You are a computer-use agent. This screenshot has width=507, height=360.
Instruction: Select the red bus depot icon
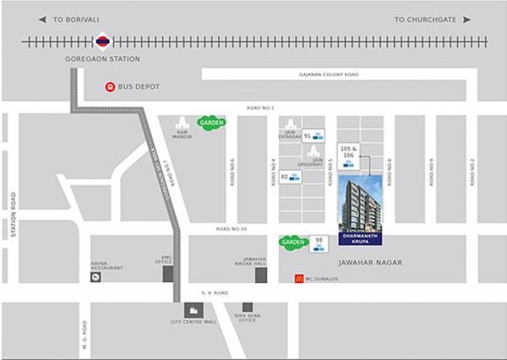pyautogui.click(x=109, y=87)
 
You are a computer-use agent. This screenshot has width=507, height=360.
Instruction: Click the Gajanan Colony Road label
pyautogui.click(x=328, y=74)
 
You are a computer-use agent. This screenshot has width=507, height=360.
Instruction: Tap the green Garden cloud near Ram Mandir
pyautogui.click(x=211, y=123)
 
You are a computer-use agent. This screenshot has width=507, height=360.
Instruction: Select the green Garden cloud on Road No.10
pyautogui.click(x=292, y=242)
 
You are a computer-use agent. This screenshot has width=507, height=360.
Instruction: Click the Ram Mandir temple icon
pyautogui.click(x=182, y=123)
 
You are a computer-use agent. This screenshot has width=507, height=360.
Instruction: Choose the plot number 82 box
pyautogui.click(x=290, y=177)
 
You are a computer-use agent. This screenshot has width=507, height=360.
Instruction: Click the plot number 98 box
pyautogui.click(x=319, y=243)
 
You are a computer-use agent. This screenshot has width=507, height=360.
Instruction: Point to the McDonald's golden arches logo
pyautogui.click(x=298, y=277)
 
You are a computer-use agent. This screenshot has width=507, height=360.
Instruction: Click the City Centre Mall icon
pyautogui.click(x=194, y=310)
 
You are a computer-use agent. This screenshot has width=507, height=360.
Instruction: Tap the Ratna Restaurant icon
pyautogui.click(x=95, y=277)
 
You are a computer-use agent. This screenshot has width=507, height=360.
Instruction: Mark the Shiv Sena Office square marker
pyautogui.click(x=248, y=308)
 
